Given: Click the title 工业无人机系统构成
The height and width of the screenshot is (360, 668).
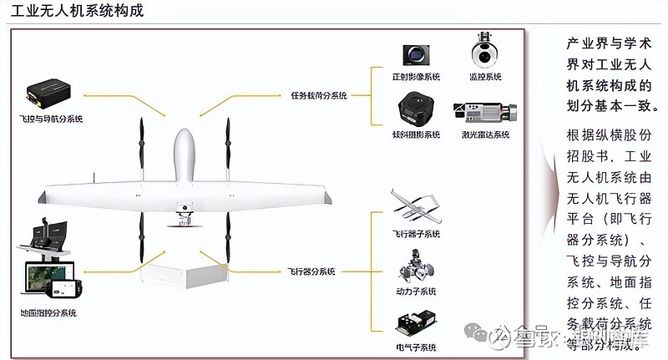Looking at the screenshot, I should coord(73,12).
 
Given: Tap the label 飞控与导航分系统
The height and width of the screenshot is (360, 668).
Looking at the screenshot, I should coord(51,119).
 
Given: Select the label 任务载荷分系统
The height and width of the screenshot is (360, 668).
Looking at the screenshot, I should coord(318,96).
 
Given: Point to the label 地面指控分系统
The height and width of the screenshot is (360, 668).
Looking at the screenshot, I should coord(48,313).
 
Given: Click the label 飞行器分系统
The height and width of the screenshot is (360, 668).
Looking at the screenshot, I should coord(311,271).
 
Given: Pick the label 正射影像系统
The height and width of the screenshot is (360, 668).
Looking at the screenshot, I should coord(415,78).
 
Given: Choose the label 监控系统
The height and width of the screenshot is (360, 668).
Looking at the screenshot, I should coord(485,78).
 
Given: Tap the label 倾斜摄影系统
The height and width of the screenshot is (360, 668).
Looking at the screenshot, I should coord(415,134).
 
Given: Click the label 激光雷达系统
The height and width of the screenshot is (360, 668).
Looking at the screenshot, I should coord(485,134).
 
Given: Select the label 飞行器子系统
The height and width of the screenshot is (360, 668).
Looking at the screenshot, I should coord(415,234).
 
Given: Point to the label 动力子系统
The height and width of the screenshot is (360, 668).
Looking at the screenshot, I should coord(415,291).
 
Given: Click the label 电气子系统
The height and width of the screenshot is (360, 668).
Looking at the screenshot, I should coord(415,347).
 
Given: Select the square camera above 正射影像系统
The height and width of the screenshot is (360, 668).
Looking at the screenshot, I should coord(414,55).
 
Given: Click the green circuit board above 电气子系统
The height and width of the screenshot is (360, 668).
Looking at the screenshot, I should coord(415,323).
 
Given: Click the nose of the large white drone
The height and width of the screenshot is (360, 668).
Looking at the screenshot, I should coord(185,138).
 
